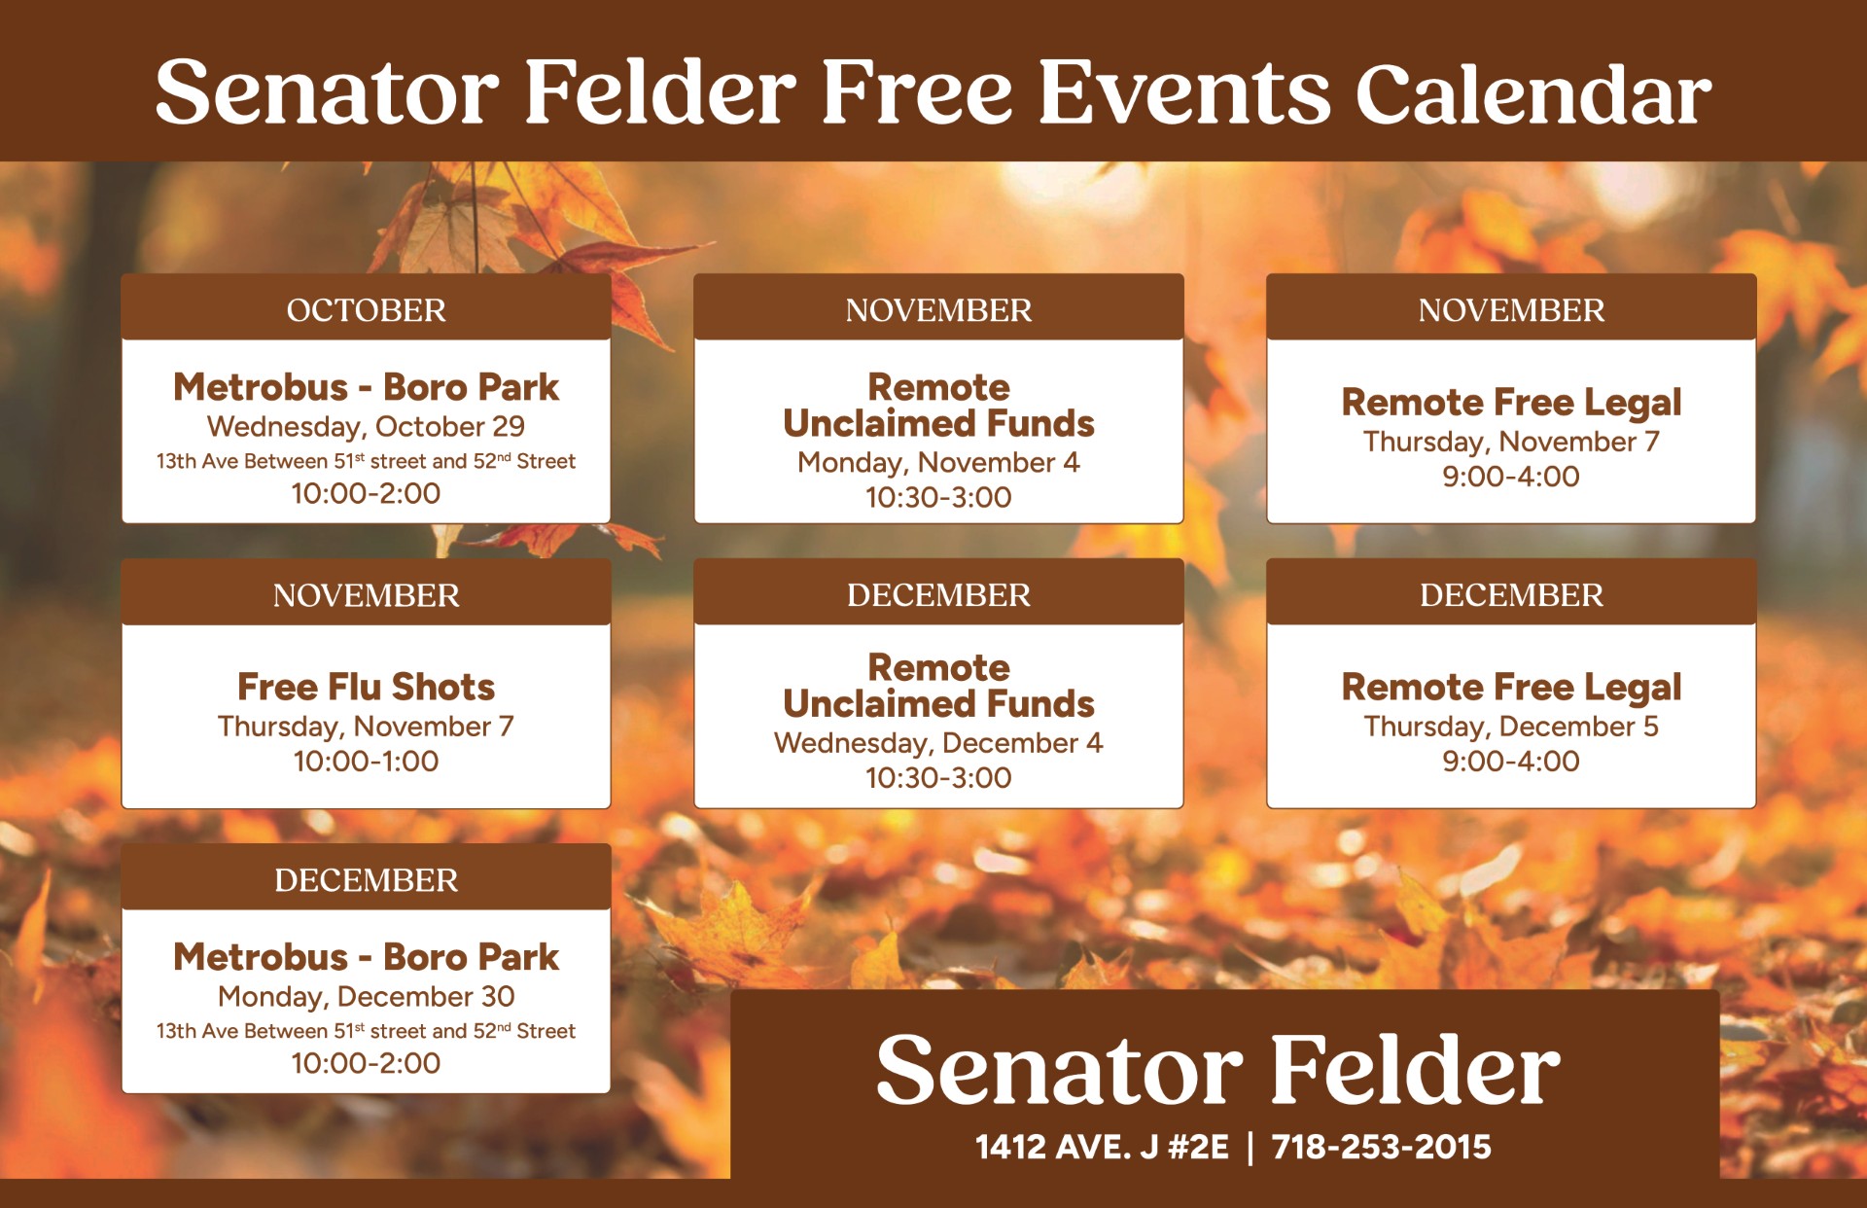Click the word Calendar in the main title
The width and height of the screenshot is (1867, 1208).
tap(1532, 94)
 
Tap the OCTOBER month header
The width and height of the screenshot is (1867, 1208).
tap(366, 310)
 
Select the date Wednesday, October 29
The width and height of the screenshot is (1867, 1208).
tap(366, 427)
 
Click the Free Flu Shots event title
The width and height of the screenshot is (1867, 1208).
tap(366, 687)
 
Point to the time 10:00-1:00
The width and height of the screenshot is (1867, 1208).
tap(366, 762)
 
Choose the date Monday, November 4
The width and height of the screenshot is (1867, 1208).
tap(938, 463)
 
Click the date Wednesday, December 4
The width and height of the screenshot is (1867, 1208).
tap(938, 743)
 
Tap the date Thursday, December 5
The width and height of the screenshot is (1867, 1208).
tap(1511, 727)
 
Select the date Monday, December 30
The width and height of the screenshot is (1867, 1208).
tap(366, 997)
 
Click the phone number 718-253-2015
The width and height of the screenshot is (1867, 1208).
tap(1381, 1147)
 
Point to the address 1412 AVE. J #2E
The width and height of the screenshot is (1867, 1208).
tap(1102, 1147)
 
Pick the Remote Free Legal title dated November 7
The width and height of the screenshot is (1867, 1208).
tap(1511, 402)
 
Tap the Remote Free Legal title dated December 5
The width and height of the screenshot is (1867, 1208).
tap(1511, 687)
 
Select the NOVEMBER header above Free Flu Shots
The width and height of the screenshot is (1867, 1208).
tap(366, 595)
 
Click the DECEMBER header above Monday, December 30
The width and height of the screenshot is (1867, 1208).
tap(366, 880)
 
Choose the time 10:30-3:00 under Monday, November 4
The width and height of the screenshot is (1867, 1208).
tap(938, 498)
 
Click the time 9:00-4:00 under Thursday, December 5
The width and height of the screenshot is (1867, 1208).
tap(1511, 762)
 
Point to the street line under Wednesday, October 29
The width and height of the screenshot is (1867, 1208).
tap(366, 461)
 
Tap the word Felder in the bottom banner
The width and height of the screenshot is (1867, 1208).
tap(1414, 1069)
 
